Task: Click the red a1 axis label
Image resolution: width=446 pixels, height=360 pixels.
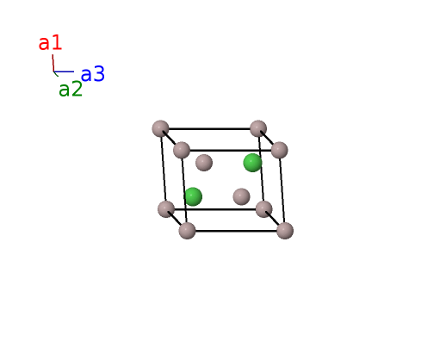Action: pos(50,43)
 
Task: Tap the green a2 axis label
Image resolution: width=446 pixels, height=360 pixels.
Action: pos(71,89)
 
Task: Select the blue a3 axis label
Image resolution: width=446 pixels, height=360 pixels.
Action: pos(93,74)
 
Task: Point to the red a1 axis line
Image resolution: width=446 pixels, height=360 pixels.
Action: pos(53,63)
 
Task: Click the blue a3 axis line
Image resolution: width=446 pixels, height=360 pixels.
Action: pos(64,71)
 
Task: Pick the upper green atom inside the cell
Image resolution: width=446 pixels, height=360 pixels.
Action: pos(252,163)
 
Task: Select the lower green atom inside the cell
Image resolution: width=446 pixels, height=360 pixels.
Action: pos(193,196)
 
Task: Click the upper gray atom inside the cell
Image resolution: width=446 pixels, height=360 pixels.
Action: pos(204,163)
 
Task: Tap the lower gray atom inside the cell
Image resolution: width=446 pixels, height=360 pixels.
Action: pos(241,196)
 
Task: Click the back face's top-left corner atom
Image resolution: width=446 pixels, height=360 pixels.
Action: pos(160,128)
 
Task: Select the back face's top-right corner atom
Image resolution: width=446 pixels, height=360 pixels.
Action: pos(258,128)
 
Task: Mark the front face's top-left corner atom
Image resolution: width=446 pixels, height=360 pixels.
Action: pos(182,150)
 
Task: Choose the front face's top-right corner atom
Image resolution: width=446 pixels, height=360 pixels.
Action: pos(279,150)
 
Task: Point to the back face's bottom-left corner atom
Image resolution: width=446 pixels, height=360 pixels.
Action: pos(166,209)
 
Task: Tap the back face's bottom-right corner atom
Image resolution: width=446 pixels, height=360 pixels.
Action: pos(263,209)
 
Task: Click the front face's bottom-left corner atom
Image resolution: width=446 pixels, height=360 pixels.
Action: pos(188,231)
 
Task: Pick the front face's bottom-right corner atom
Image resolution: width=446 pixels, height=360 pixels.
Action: pos(285,231)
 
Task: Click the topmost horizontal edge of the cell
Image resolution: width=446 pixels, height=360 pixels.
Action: pos(209,128)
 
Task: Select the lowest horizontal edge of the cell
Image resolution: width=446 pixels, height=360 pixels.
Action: pos(236,231)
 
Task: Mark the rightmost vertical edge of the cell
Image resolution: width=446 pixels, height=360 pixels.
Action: pos(282,190)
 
